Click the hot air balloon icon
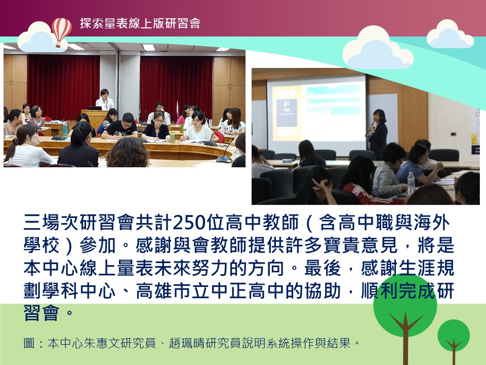point(61,31)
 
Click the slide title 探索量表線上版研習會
point(140,23)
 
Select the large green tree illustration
point(405,313)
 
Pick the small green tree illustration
point(454,340)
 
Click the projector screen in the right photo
point(316,115)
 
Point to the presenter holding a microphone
point(378,133)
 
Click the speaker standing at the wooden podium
point(105,100)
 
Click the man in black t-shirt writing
point(120,127)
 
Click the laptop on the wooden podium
point(95,108)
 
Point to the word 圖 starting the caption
point(29,343)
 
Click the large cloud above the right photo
point(378,48)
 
